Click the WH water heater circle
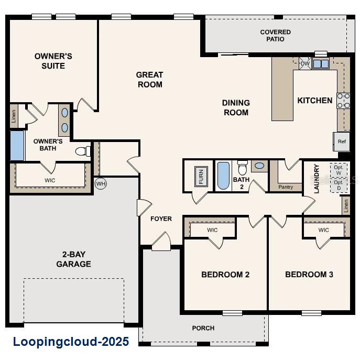coord(101,184)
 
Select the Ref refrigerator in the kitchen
coord(342,141)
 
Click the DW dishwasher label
coord(305,64)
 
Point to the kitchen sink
coord(320,64)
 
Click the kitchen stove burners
coord(343,101)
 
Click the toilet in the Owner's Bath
coord(82,151)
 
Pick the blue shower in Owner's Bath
coord(17,146)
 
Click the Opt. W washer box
coord(339,170)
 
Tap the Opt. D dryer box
coord(339,184)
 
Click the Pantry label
coord(286,187)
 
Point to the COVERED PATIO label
coord(275,36)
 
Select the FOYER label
coord(161,219)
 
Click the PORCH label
coord(203,328)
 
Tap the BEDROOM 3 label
coord(309,274)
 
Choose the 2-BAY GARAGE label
coord(73,259)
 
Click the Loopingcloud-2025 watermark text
coord(71,342)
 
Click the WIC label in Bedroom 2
coord(212,230)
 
